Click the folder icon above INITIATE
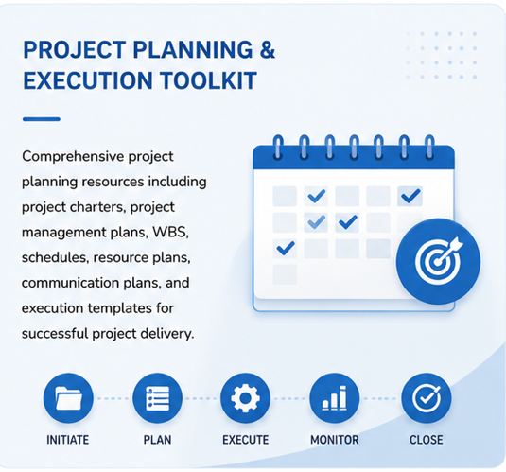tap(68, 398)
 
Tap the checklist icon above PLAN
tap(157, 398)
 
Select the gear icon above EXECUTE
tap(245, 398)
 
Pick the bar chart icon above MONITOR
tap(334, 398)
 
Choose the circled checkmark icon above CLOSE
tap(426, 398)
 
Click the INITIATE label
tap(68, 440)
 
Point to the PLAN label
tap(158, 440)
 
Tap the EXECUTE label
tap(246, 440)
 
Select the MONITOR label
tap(335, 440)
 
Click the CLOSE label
tap(427, 440)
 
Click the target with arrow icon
tap(438, 261)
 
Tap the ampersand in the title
tap(268, 50)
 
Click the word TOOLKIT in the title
tap(208, 80)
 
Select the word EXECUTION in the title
tap(88, 80)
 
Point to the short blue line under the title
tap(42, 119)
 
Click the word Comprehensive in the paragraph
tap(73, 157)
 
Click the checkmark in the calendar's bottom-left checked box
tap(286, 248)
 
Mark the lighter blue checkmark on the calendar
tap(316, 222)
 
